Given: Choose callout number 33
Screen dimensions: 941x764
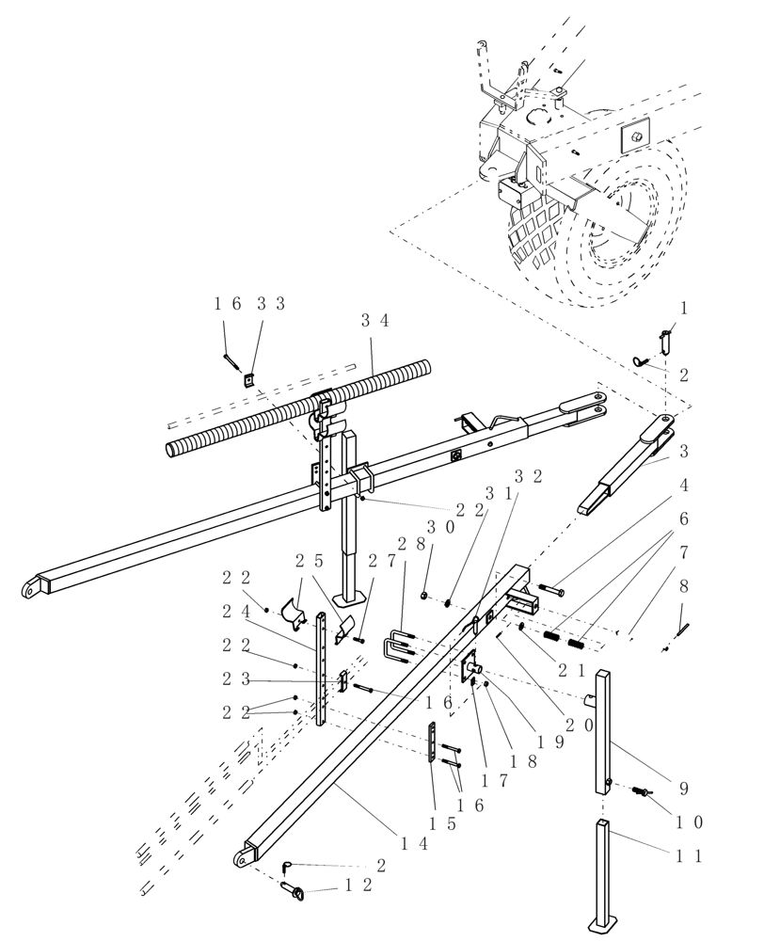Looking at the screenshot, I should (x=270, y=303).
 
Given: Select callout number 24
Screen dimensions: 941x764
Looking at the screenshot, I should (x=235, y=611).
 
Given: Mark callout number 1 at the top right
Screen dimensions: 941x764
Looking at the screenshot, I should (x=683, y=308).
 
